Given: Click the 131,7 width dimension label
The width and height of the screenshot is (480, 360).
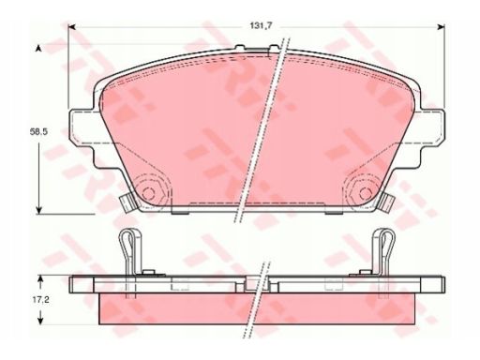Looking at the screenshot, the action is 262,26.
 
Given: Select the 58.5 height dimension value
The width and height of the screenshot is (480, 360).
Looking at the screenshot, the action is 38,132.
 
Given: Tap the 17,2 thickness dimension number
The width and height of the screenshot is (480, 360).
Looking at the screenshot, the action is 40,300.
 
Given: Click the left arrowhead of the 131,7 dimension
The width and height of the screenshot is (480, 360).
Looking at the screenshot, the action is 72,27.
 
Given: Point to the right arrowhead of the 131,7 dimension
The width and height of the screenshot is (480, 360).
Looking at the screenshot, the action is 441,27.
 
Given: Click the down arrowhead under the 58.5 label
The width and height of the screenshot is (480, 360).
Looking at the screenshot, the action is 38,209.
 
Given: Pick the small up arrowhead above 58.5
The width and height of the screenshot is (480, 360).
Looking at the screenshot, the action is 38,48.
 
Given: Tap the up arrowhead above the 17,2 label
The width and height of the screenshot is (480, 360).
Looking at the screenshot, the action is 40,279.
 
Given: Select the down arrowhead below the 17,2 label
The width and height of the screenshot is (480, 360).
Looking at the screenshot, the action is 40,320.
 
